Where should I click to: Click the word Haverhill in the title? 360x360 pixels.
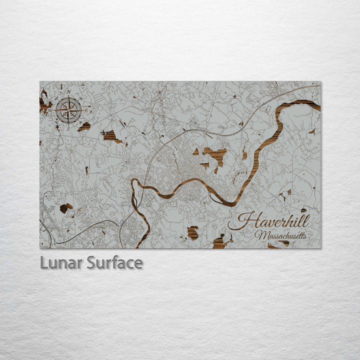click(272, 221)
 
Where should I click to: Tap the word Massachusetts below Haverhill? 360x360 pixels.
click(280, 234)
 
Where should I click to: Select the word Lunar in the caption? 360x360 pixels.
click(61, 262)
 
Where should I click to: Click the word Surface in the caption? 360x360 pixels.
click(114, 262)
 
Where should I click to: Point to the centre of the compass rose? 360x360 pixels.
click(68, 110)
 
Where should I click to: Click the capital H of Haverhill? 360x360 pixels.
click(243, 221)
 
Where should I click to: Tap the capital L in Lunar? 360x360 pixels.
click(43, 262)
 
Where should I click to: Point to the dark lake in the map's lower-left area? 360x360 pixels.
click(65, 207)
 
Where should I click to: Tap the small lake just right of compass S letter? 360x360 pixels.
click(84, 126)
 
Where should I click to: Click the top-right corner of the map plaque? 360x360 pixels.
click(321, 81)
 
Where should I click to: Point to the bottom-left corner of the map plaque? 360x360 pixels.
click(40, 248)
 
